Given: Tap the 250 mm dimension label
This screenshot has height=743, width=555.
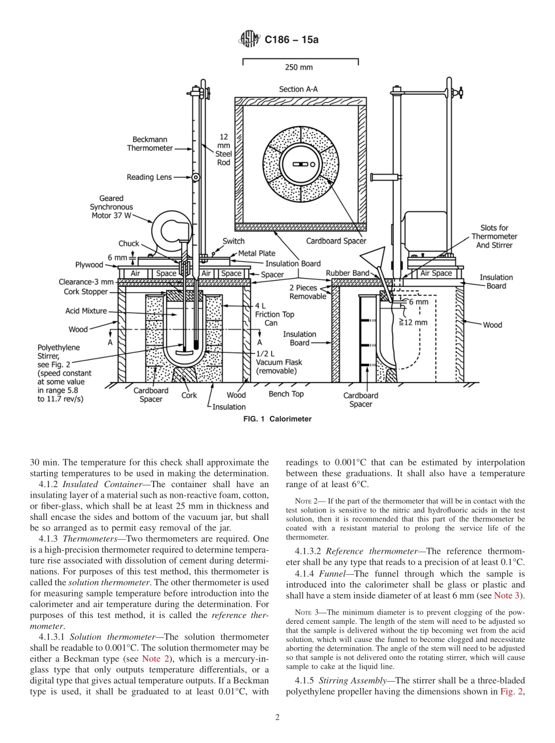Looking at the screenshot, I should [x=299, y=67].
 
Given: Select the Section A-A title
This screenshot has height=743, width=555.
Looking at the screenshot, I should [x=299, y=89].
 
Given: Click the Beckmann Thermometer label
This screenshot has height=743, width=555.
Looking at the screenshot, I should [x=150, y=144].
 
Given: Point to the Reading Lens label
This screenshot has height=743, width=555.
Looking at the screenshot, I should [x=150, y=177].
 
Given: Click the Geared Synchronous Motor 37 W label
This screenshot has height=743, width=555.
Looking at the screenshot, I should [x=111, y=207].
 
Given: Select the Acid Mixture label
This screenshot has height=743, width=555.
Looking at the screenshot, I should [x=86, y=311].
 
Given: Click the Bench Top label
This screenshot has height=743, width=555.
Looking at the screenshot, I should [x=286, y=394].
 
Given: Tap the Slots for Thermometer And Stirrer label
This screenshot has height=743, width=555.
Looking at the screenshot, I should [x=494, y=237].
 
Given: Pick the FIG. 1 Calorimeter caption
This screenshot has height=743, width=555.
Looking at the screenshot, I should [x=277, y=419].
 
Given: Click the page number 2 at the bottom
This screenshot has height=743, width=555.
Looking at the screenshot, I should [x=277, y=718].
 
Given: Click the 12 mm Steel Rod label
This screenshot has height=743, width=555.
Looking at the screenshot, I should [x=224, y=149].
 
